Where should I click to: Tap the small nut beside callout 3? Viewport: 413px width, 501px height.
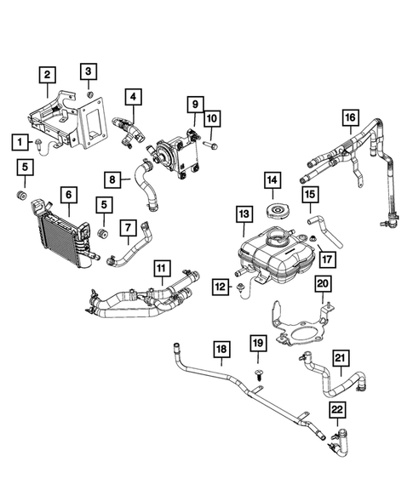[89, 93]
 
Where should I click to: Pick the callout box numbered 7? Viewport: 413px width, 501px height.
[127, 228]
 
